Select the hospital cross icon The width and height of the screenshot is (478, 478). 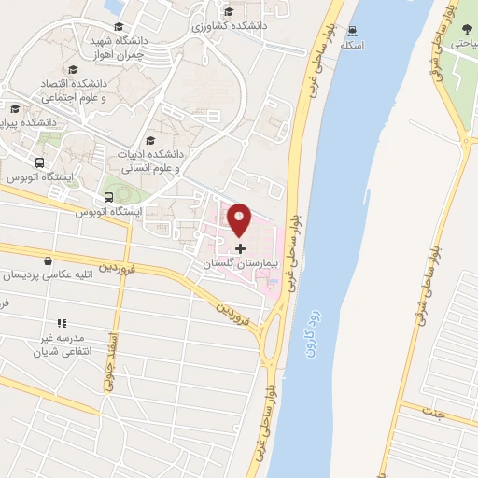[x=241, y=249]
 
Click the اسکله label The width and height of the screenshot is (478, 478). [x=353, y=45]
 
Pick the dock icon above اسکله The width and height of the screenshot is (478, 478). [x=353, y=31]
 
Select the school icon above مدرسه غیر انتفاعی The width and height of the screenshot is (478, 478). [x=63, y=323]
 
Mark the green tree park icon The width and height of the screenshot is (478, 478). [x=466, y=29]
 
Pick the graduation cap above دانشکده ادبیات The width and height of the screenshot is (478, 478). [x=150, y=141]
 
